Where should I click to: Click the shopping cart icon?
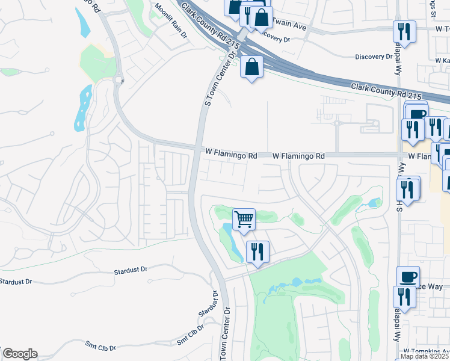tap(244, 220)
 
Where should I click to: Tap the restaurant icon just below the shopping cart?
tap(257, 251)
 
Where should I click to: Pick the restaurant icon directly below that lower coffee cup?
tap(404, 297)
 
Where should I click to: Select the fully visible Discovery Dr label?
tap(374, 57)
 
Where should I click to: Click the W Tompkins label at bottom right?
tap(426, 351)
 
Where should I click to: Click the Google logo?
tap(19, 354)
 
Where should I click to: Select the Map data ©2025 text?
tap(424, 356)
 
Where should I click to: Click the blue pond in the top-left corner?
tap(84, 21)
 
